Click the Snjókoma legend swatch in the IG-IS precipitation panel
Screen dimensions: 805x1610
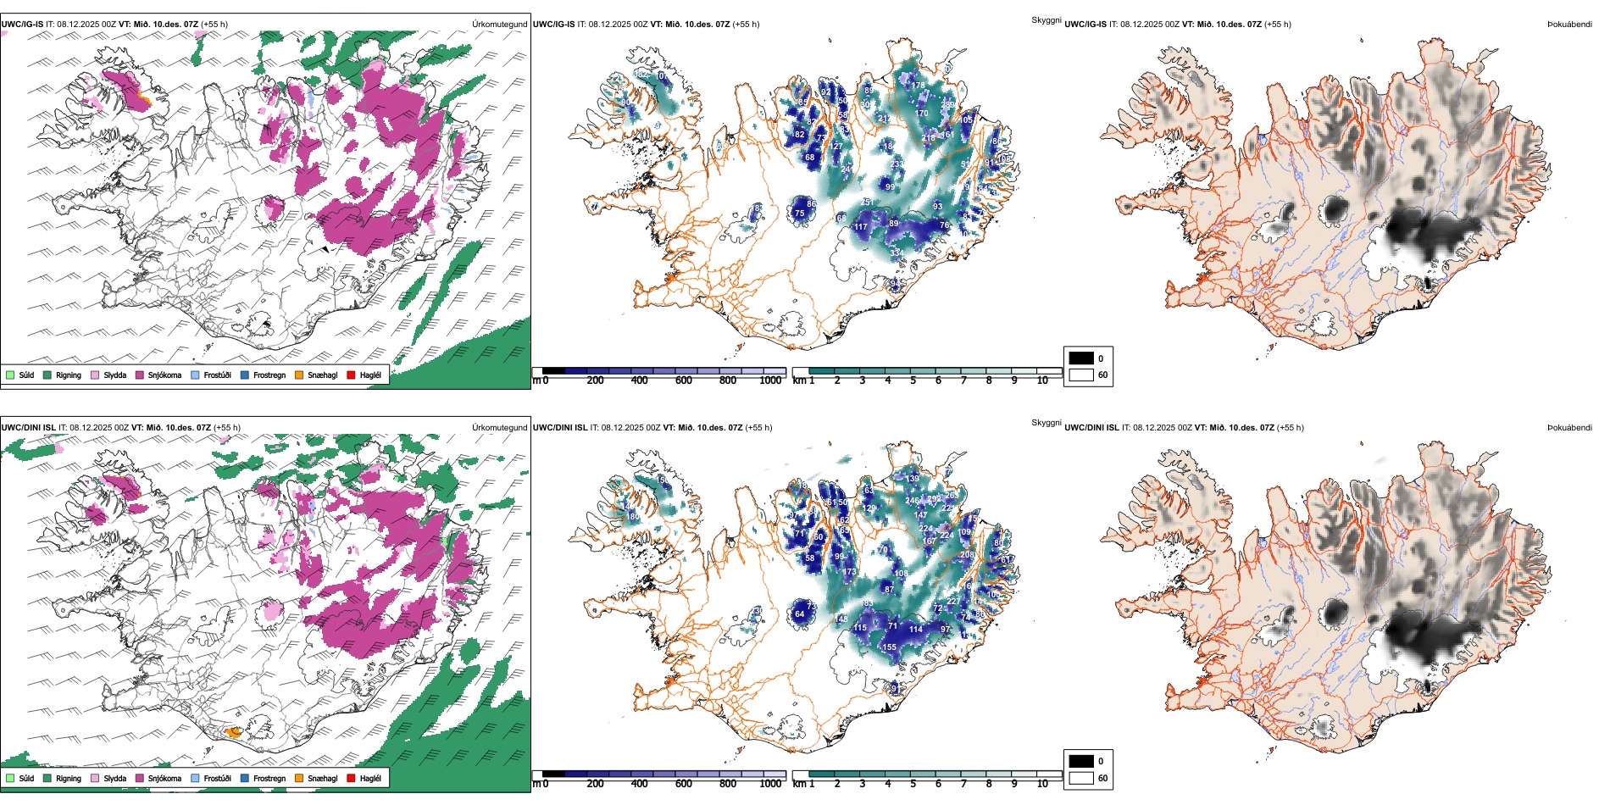pos(140,375)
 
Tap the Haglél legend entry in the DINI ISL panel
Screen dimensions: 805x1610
pos(370,778)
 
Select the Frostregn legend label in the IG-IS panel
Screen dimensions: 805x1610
pos(269,375)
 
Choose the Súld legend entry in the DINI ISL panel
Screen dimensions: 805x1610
pos(26,778)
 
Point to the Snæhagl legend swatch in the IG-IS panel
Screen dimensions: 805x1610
pos(299,375)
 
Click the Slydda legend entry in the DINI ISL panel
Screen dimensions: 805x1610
pos(114,778)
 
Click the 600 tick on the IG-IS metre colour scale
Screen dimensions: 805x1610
pos(683,380)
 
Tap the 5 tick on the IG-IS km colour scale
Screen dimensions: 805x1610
pos(913,380)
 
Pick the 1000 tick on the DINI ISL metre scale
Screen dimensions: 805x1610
pos(770,784)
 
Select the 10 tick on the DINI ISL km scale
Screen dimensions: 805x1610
pos(1042,784)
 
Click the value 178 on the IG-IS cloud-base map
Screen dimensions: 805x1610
pos(918,86)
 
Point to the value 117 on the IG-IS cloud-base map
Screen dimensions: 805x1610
pos(861,227)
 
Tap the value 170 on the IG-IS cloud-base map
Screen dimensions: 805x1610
pos(921,114)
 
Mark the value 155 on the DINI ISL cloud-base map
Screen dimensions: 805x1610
pos(889,647)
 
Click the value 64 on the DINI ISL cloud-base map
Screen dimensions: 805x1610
pos(799,614)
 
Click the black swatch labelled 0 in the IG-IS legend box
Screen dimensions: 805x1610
pos(1081,358)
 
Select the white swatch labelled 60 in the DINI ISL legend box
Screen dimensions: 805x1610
pos(1081,778)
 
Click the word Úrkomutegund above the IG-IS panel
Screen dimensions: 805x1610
pos(499,25)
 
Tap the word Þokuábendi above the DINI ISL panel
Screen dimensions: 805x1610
pos(1569,428)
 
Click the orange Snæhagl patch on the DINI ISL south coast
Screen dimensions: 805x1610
pos(232,732)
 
